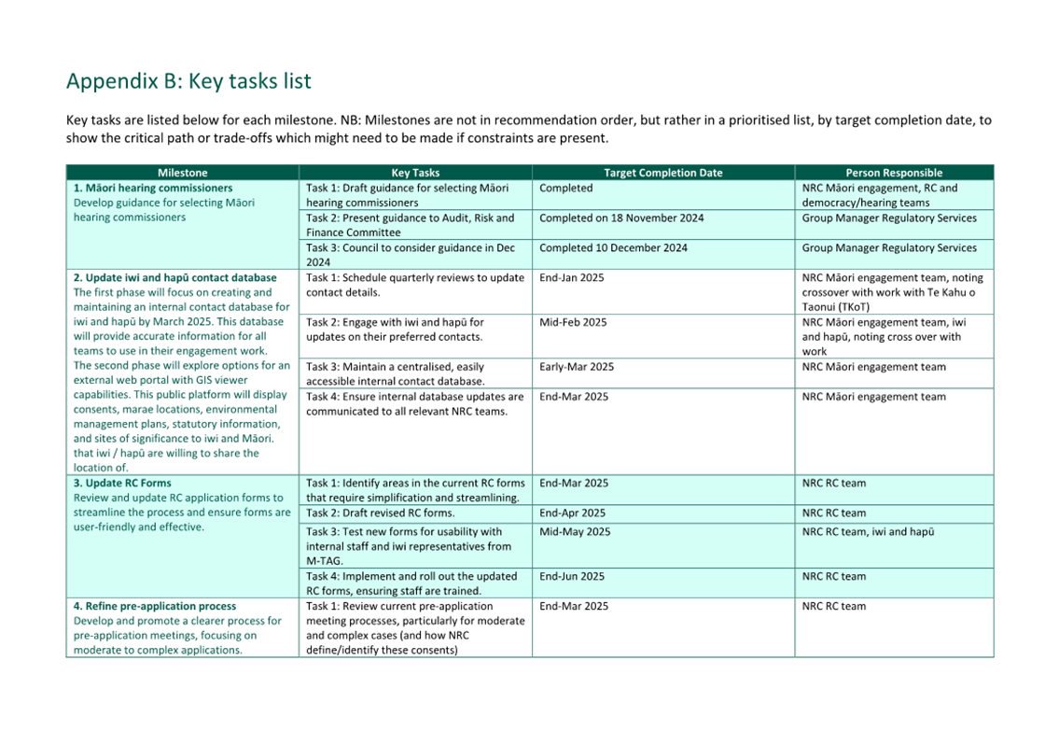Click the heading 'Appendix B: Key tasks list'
tap(188, 81)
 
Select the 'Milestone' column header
tap(182, 173)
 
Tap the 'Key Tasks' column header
tap(415, 173)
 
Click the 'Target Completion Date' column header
tap(662, 173)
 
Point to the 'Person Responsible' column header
tap(894, 173)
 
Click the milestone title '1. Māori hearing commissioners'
tap(153, 188)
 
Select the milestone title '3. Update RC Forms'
tap(122, 484)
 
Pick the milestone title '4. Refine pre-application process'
tap(155, 606)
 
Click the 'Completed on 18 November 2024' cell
tap(621, 218)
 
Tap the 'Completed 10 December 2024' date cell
tap(613, 247)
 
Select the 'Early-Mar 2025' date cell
tap(577, 367)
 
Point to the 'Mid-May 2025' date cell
tap(575, 531)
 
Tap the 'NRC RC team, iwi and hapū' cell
tap(868, 531)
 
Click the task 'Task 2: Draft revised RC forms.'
tap(381, 513)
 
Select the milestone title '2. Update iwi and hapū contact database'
tap(174, 277)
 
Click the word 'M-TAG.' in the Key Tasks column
tap(326, 561)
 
